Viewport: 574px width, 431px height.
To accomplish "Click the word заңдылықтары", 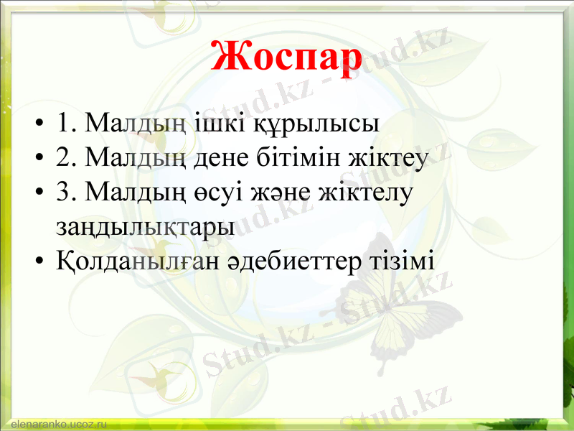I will pyautogui.click(x=144, y=226).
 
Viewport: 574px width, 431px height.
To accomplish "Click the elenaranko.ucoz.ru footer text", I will pyautogui.click(x=54, y=425).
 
